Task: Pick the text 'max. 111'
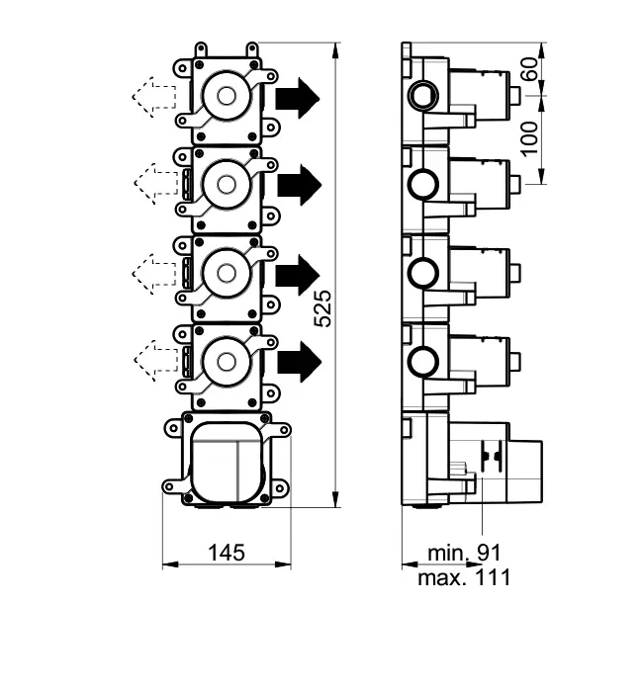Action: pyautogui.click(x=464, y=576)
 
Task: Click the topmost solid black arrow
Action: pyautogui.click(x=298, y=98)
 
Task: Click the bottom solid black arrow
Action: pyautogui.click(x=299, y=358)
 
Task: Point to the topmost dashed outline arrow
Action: pyautogui.click(x=153, y=98)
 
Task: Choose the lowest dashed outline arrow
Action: pyautogui.click(x=153, y=358)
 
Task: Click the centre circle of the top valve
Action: pyautogui.click(x=226, y=98)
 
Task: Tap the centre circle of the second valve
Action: pyautogui.click(x=226, y=185)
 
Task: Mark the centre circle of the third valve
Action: pyautogui.click(x=226, y=271)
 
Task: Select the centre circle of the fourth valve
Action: pyautogui.click(x=226, y=358)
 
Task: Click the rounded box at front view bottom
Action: pyautogui.click(x=227, y=459)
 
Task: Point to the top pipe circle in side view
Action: pyautogui.click(x=423, y=96)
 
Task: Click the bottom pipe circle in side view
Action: pyautogui.click(x=423, y=358)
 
